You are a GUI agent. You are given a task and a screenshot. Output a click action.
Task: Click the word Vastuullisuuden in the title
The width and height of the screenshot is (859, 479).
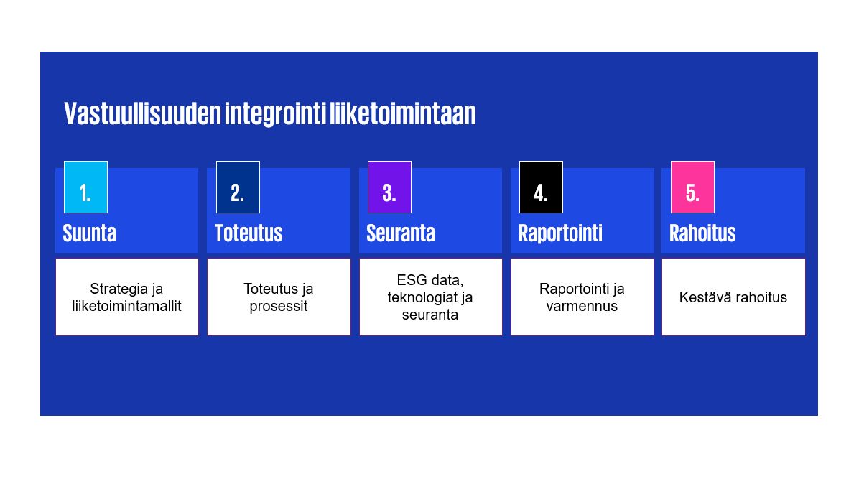point(142,113)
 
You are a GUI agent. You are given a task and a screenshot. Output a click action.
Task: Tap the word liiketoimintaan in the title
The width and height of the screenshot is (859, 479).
point(403,113)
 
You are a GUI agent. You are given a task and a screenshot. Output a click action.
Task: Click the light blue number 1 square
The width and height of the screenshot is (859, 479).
point(85,187)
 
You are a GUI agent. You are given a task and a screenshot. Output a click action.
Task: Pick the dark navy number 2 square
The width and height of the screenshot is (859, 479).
point(238,187)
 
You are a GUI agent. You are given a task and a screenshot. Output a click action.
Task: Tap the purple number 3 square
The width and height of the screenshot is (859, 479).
point(389,187)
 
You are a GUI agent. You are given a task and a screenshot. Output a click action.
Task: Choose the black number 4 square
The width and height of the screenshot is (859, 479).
point(541,187)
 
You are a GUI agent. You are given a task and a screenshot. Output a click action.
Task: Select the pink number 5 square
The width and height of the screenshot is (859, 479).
point(692,187)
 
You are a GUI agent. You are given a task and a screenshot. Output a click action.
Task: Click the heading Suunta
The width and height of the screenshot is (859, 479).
point(89,233)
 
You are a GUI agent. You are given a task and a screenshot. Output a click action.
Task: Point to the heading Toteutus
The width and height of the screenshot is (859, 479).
point(249,233)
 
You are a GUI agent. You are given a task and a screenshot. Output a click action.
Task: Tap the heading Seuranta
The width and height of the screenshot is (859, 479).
point(401,233)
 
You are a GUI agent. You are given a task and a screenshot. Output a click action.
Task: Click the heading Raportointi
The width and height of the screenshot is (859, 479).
point(560,233)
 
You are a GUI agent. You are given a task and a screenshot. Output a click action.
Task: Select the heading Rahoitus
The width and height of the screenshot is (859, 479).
point(702,233)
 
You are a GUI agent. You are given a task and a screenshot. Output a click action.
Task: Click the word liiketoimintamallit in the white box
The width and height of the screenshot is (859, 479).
point(126,306)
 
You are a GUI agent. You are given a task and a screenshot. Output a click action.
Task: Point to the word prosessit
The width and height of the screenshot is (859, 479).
point(278,307)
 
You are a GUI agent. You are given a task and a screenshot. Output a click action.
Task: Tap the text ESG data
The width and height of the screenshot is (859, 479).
point(430,280)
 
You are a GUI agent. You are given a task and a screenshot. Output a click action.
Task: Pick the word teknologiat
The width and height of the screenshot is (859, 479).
point(419,297)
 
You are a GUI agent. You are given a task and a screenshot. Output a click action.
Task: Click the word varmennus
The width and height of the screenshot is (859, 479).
point(582,307)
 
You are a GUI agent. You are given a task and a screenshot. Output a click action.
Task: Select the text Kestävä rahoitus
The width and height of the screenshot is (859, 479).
point(733,297)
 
